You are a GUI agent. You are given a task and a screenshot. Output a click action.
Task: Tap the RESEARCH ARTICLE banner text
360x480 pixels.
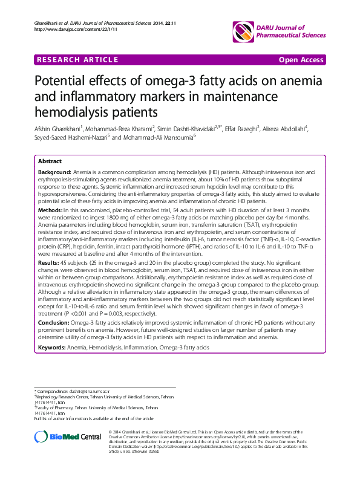click(x=77, y=59)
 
